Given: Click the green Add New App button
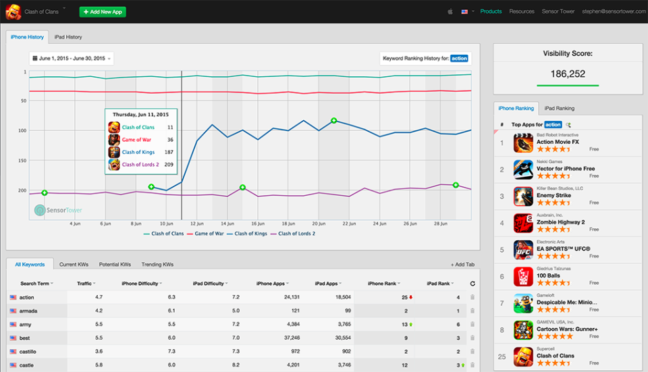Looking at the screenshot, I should (x=103, y=12).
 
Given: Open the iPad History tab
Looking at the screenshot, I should (x=68, y=37).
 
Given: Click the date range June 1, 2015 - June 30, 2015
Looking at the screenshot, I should (x=72, y=59).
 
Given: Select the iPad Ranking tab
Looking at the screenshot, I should (x=559, y=108).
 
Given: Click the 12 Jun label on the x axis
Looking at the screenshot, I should (x=197, y=223).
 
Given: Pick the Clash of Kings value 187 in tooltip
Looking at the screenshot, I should (x=168, y=152).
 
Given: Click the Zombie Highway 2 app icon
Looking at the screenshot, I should (x=522, y=223).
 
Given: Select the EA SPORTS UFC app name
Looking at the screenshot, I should (x=563, y=248).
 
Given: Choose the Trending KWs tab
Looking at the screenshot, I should (x=157, y=265).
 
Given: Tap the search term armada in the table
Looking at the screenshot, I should (x=29, y=311).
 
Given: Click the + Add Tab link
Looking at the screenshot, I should (x=463, y=265).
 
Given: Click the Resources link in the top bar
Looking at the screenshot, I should (x=522, y=11).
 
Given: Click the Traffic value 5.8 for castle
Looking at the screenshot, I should (x=99, y=365).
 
